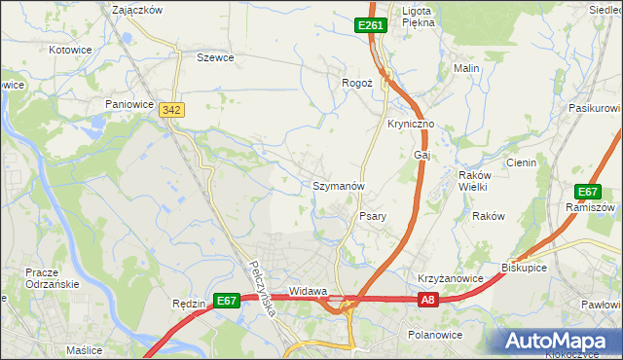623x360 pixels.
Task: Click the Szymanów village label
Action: coord(338,185)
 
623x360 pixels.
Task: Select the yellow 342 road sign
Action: coord(172,111)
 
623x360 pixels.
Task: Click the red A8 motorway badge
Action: coord(428,302)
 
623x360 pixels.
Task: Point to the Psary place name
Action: coord(375,216)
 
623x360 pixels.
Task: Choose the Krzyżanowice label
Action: coord(451,278)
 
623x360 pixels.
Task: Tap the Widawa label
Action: coord(308,291)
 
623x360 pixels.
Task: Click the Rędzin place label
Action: coord(188,303)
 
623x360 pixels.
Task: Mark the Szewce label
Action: coord(216,57)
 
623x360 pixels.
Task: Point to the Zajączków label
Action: coord(137,9)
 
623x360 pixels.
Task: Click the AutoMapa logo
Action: coord(561,341)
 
